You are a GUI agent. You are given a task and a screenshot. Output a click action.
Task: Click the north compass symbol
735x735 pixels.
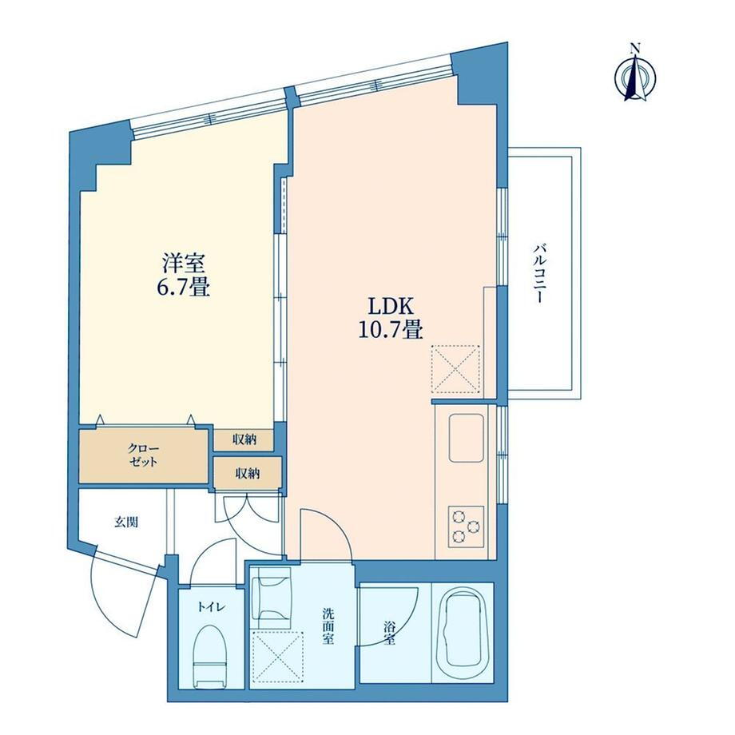635,74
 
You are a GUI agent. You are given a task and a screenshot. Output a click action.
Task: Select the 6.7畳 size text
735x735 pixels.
183,287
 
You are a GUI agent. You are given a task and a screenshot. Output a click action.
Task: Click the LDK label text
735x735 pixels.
391,307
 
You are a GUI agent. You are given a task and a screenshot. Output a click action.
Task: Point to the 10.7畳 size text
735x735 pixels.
391,329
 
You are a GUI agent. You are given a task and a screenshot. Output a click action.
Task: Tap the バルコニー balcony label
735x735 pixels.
538,273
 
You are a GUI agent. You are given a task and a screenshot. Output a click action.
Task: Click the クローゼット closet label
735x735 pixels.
143,455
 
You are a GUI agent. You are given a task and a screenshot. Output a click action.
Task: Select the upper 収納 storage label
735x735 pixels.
244,439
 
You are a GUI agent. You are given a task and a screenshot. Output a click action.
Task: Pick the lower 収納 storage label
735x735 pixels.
248,474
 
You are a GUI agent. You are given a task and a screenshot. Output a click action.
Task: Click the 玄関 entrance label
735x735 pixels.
126,522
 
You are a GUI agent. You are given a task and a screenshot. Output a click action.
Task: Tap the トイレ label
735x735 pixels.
211,607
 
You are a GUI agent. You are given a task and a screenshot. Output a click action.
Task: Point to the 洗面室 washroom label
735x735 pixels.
328,626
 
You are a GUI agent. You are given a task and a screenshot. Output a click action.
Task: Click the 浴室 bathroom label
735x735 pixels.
389,633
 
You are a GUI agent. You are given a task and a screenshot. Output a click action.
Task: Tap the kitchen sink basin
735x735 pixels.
467,438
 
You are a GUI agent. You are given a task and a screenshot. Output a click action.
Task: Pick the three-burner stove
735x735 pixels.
466,526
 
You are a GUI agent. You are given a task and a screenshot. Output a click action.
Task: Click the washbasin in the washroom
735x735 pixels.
272,598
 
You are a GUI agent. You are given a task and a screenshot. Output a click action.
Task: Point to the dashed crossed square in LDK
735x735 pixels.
455,368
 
